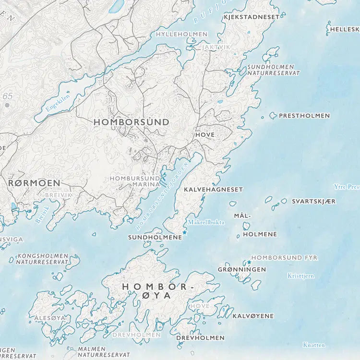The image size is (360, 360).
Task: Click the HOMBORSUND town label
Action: (x=131, y=122)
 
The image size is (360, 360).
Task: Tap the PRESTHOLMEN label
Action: (x=304, y=116)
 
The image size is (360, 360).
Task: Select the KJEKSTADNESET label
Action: (x=251, y=17)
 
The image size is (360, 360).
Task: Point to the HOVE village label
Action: (x=205, y=135)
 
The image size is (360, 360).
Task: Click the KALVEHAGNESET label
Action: (x=213, y=190)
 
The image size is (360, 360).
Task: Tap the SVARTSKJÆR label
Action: (x=314, y=201)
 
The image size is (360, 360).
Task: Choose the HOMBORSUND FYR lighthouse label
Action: (x=284, y=258)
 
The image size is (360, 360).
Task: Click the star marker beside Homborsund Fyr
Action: (x=249, y=262)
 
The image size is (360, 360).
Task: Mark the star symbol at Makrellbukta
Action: (x=184, y=232)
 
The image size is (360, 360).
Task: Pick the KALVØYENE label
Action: (x=253, y=316)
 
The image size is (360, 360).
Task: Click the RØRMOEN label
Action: (x=35, y=183)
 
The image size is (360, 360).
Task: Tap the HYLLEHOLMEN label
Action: (x=181, y=35)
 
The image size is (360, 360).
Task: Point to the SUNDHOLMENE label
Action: (x=155, y=237)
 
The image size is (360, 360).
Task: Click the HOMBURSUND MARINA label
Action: (x=134, y=181)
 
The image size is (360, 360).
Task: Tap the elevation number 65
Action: (x=7, y=96)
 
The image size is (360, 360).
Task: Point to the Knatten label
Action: (x=314, y=345)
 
